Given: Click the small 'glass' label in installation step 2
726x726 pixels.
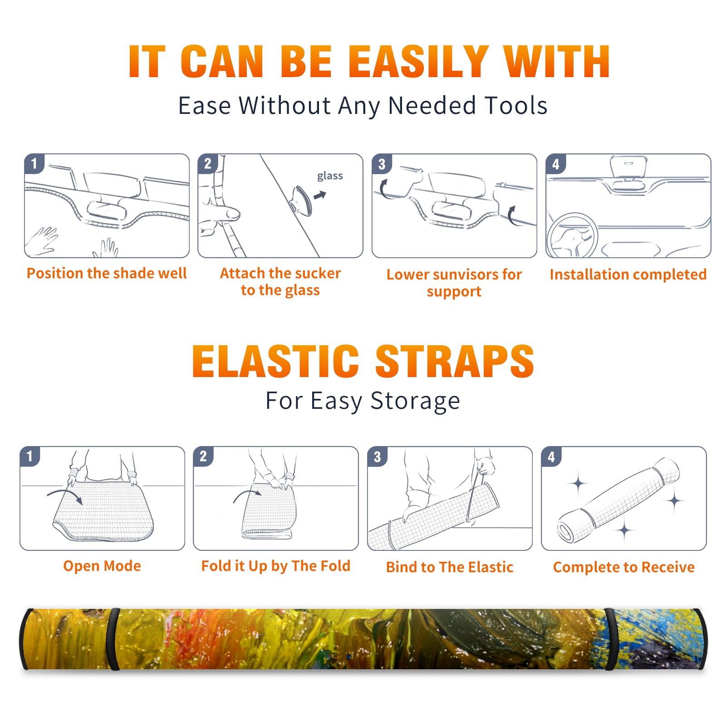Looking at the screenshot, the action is coord(330,176).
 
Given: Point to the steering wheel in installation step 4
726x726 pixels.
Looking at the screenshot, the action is coord(572,236).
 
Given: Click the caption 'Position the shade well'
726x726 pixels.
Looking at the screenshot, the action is coord(107,273).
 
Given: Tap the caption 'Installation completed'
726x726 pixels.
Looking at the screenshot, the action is coord(628,274).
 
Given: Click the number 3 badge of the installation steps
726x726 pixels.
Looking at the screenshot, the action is coord(382,164).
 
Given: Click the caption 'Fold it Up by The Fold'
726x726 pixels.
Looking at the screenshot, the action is coord(276,566).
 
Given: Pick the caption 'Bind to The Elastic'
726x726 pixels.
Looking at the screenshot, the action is coord(450,567).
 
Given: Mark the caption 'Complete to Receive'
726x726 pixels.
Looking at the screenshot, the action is coord(624,567).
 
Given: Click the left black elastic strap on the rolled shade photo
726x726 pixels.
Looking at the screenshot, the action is coord(114,639).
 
